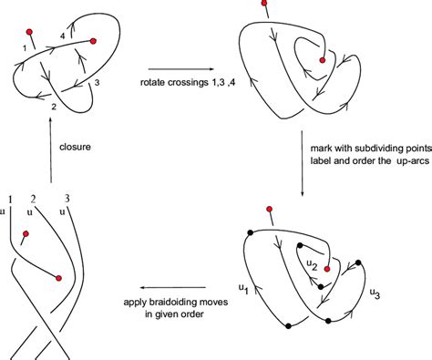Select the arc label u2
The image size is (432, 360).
(312, 265)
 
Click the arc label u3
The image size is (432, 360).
(375, 293)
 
